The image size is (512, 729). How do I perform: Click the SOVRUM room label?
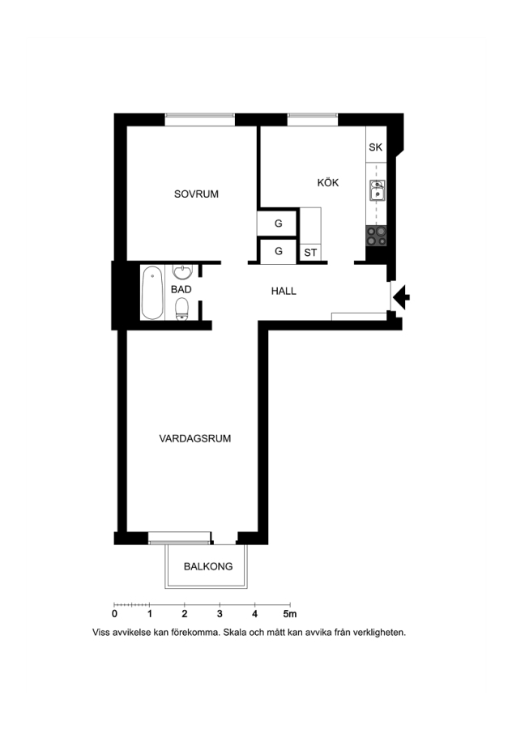tap(196, 194)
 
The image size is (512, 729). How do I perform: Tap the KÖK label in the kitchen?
tap(328, 182)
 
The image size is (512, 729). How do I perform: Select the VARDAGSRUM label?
tap(195, 438)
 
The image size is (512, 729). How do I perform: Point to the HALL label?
tap(284, 291)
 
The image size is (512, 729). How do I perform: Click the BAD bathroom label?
tap(181, 289)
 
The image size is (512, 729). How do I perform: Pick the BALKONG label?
tap(208, 566)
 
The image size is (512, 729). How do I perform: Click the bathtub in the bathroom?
tap(152, 292)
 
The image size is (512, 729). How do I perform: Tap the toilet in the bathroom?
tap(181, 309)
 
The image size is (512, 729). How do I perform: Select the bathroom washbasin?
tap(183, 271)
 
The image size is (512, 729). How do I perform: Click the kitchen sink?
tap(378, 190)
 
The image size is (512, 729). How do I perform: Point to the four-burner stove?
tap(376, 236)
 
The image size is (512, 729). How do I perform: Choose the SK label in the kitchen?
tap(375, 147)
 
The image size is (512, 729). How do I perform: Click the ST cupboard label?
tap(310, 253)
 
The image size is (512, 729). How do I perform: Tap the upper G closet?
tap(278, 224)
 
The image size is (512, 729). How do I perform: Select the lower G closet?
tap(278, 251)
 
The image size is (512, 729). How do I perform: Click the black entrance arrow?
tap(401, 296)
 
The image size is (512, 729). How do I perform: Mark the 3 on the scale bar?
tap(220, 614)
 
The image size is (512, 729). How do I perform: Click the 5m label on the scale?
tap(290, 614)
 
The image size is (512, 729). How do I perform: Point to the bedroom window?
tap(199, 120)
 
